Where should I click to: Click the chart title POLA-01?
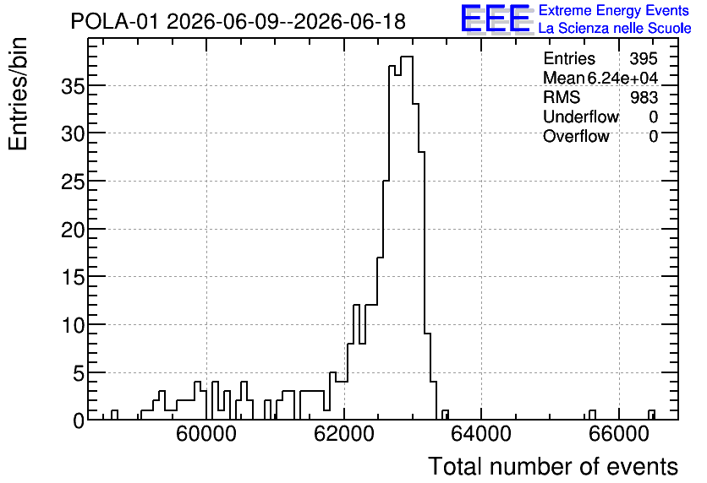pyautogui.click(x=115, y=21)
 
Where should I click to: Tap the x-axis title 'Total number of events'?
pyautogui.click(x=553, y=466)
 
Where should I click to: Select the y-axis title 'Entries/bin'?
pyautogui.click(x=19, y=94)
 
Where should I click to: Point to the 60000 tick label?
pyautogui.click(x=206, y=434)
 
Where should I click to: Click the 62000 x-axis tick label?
pyautogui.click(x=344, y=434)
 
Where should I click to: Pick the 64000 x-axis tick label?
pyautogui.click(x=481, y=434)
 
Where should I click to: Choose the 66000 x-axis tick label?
pyautogui.click(x=619, y=434)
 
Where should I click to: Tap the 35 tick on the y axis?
pyautogui.click(x=73, y=86)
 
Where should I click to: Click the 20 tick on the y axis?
pyautogui.click(x=73, y=230)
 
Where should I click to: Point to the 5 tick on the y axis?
pyautogui.click(x=79, y=373)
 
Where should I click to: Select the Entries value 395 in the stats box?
pyautogui.click(x=644, y=58)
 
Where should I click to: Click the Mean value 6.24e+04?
pyautogui.click(x=622, y=78)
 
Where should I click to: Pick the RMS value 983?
pyautogui.click(x=644, y=97)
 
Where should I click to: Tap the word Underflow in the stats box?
pyautogui.click(x=581, y=117)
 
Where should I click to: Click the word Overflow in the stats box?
pyautogui.click(x=576, y=136)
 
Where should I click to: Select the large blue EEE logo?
pyautogui.click(x=496, y=19)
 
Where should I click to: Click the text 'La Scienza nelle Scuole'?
pyautogui.click(x=615, y=29)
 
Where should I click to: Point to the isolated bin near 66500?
pyautogui.click(x=651, y=415)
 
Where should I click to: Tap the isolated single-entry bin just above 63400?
pyautogui.click(x=445, y=415)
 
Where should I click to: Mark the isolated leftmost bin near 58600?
pyautogui.click(x=114, y=415)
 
